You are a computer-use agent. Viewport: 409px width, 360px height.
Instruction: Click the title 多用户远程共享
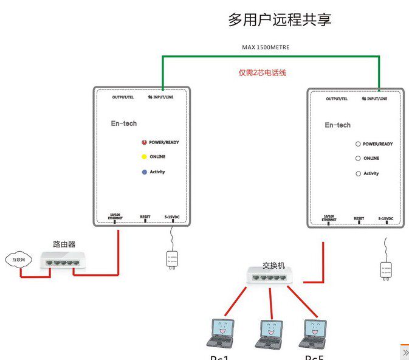coord(280,19)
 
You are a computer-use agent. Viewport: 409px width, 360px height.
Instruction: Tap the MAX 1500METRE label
coord(266,47)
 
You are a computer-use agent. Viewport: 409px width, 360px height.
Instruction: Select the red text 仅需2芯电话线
coord(263,73)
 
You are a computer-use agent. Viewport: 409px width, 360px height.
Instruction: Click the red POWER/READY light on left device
coord(145,142)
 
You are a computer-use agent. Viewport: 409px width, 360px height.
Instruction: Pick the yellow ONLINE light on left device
coord(145,157)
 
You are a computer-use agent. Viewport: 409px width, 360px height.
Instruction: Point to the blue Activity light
coord(145,172)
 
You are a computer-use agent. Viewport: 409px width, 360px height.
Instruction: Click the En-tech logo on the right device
coord(337,125)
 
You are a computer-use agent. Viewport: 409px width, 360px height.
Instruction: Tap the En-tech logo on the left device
coord(124,123)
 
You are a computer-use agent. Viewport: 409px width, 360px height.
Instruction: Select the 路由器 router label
coord(63,244)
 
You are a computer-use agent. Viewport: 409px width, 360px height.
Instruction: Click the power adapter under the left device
coord(172,258)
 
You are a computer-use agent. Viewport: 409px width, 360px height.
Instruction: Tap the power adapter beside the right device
coord(386,267)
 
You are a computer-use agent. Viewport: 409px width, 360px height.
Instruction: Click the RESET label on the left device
coord(145,216)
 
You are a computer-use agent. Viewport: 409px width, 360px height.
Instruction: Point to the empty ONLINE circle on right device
coord(359,159)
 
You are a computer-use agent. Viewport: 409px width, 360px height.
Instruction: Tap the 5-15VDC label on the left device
coord(173,216)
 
